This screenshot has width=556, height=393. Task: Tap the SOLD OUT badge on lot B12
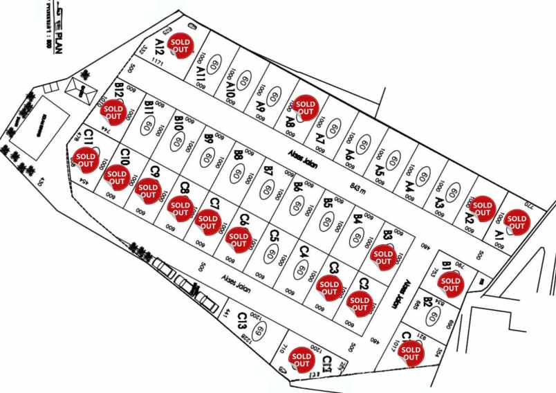113,111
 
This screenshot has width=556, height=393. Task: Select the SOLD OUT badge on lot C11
86,161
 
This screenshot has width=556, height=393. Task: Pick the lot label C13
241,321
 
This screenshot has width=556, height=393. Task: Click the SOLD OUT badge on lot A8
304,107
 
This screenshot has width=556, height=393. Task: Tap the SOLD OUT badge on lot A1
516,223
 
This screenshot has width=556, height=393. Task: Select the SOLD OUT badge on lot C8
180,210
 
